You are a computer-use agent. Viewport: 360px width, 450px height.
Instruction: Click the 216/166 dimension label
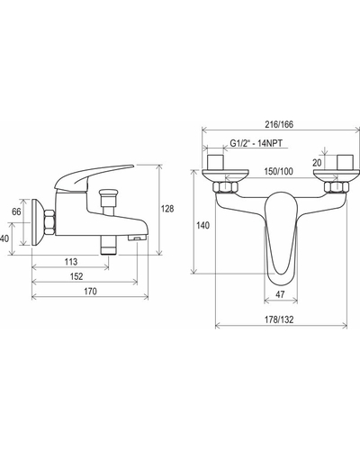point(279,124)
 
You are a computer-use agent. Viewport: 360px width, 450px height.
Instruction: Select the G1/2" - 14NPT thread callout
point(256,143)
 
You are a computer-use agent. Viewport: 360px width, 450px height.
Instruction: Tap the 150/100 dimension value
point(278,172)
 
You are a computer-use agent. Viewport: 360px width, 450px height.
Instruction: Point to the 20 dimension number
point(317,163)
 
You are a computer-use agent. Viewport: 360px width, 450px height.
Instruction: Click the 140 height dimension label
point(203,225)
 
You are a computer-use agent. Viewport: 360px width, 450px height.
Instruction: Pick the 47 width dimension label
point(280,294)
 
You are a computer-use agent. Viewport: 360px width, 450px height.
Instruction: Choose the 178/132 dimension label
point(279,319)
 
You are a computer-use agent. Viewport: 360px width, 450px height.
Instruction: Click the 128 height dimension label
point(167,209)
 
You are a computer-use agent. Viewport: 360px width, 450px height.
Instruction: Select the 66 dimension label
point(16,211)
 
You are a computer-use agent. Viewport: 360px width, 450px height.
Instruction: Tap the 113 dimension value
point(71,262)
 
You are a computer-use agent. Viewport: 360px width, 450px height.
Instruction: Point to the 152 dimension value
point(76,276)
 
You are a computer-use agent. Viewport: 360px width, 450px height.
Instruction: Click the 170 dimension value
point(90,292)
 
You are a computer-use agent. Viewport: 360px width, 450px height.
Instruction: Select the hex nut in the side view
point(49,222)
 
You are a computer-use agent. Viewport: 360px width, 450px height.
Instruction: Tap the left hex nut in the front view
point(225,187)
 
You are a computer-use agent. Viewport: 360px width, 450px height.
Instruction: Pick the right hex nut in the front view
point(337,187)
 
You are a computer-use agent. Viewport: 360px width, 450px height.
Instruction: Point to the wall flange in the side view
point(38,222)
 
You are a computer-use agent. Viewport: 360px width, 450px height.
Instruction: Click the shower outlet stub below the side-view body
point(109,245)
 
